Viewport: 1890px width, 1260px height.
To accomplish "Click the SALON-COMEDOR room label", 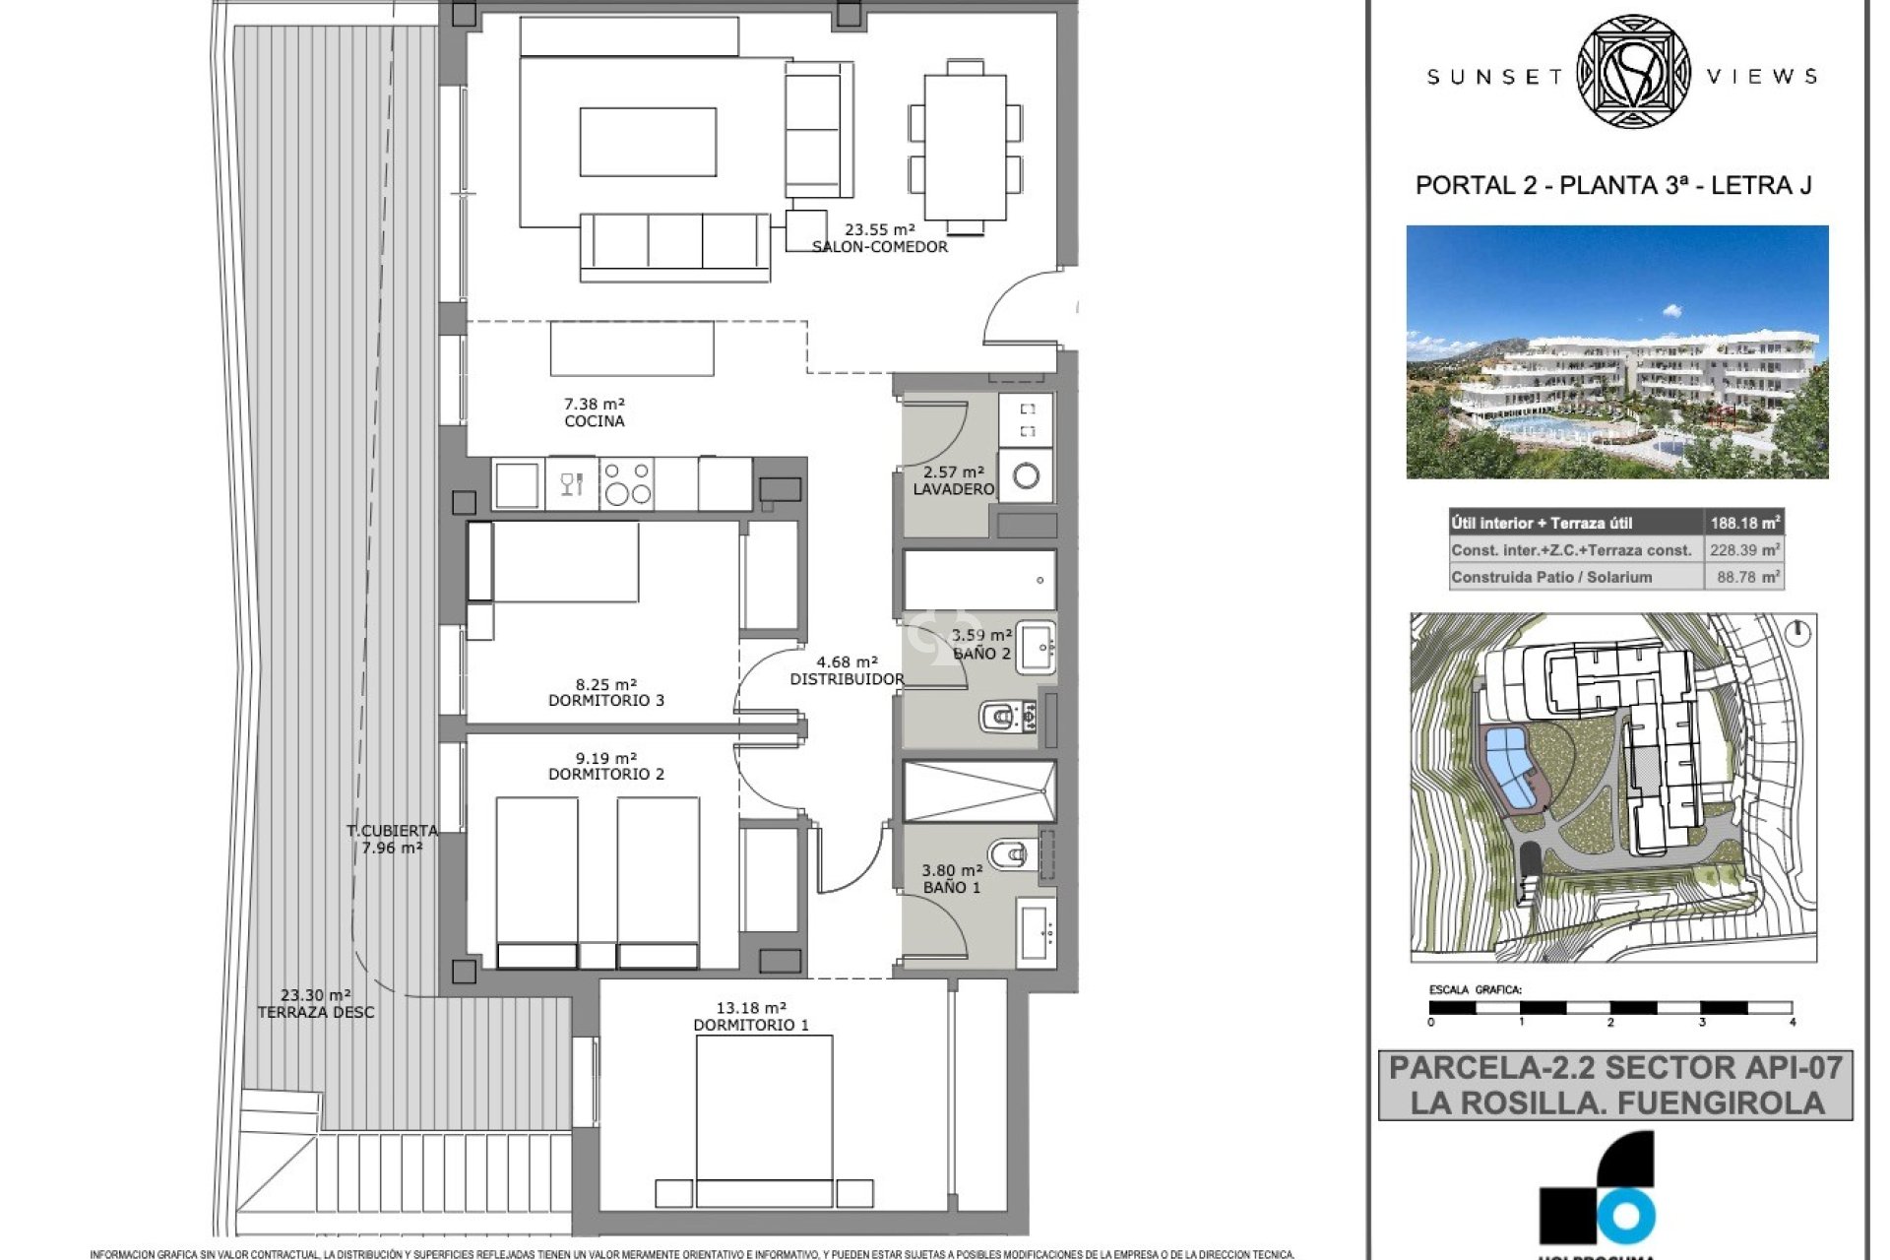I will [879, 247].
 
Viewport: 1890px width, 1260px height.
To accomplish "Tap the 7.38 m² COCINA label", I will [594, 412].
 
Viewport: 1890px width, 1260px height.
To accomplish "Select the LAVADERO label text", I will [952, 489].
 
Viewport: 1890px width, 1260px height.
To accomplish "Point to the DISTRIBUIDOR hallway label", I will [847, 679].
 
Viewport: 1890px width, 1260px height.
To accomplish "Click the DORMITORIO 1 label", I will [751, 1025].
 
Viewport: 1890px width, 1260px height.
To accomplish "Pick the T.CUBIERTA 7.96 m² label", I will [392, 839].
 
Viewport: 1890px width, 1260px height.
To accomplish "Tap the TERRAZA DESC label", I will [316, 1012].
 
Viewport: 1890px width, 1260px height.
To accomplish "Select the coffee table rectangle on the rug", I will [648, 142].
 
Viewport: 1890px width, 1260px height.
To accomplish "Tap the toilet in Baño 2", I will [1003, 716].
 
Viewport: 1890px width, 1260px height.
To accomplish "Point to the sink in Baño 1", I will [1036, 931].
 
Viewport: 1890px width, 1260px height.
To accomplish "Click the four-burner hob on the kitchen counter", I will [627, 483].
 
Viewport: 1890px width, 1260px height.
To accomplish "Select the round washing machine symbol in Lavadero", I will [1026, 477].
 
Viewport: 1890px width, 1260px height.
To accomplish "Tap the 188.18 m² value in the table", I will [1744, 523].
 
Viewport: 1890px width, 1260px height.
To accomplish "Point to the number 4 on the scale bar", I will [1793, 1023].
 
